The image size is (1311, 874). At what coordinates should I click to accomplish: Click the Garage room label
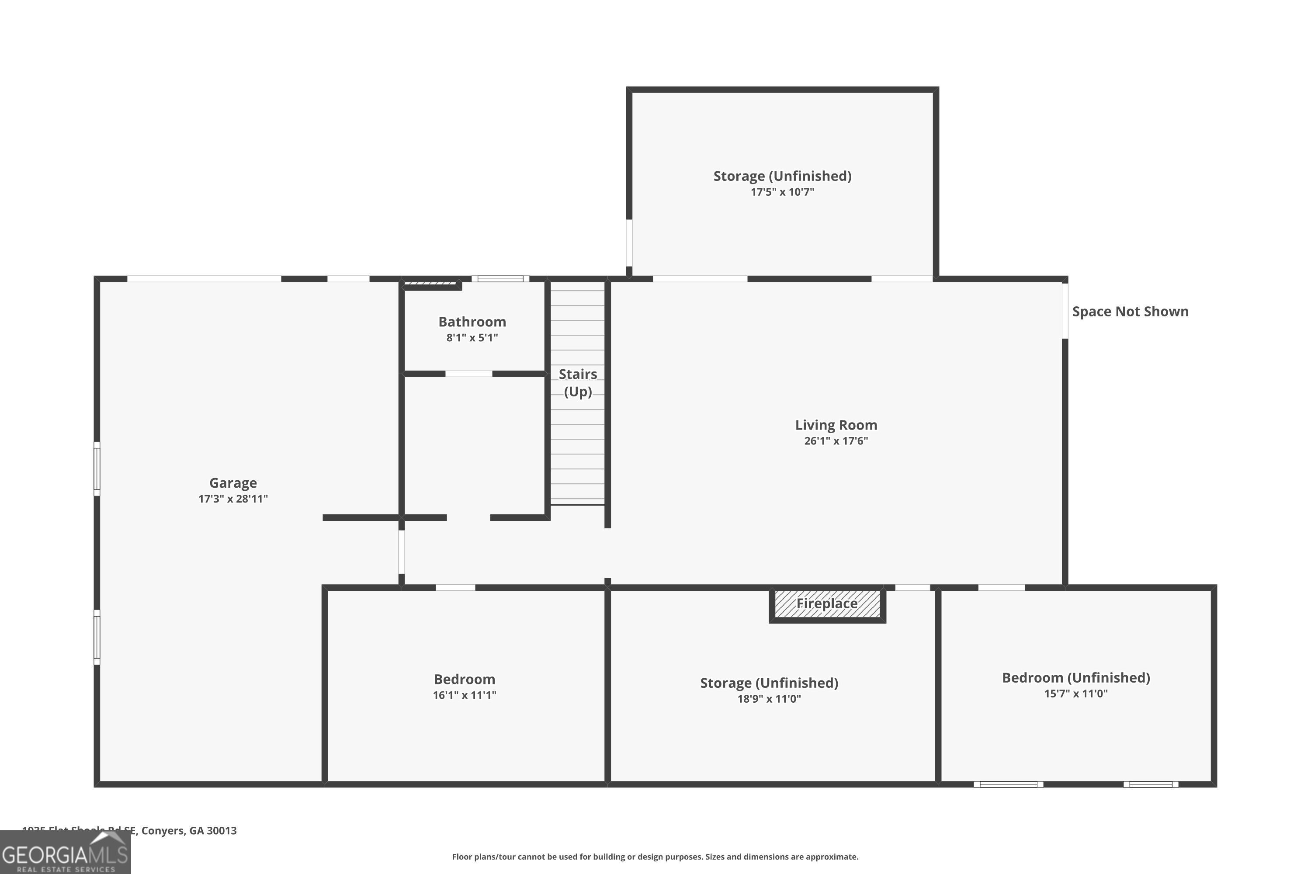point(233,483)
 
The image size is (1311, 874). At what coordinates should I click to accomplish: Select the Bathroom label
point(472,322)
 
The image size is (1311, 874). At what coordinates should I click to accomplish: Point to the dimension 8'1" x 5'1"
point(472,338)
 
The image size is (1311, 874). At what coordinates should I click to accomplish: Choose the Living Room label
point(836,425)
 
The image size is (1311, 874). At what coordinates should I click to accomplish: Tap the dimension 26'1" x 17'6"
point(836,441)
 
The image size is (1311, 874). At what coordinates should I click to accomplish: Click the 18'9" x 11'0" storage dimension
point(769,699)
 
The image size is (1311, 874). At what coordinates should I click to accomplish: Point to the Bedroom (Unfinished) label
point(1076,678)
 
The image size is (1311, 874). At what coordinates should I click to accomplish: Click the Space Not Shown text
point(1130,312)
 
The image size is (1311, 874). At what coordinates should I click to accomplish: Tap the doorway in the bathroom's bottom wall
point(469,374)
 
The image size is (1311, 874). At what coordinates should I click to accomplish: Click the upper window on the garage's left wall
point(97,469)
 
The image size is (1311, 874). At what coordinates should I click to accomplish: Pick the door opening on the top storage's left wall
point(629,243)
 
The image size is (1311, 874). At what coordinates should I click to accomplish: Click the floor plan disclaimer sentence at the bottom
point(655,857)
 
